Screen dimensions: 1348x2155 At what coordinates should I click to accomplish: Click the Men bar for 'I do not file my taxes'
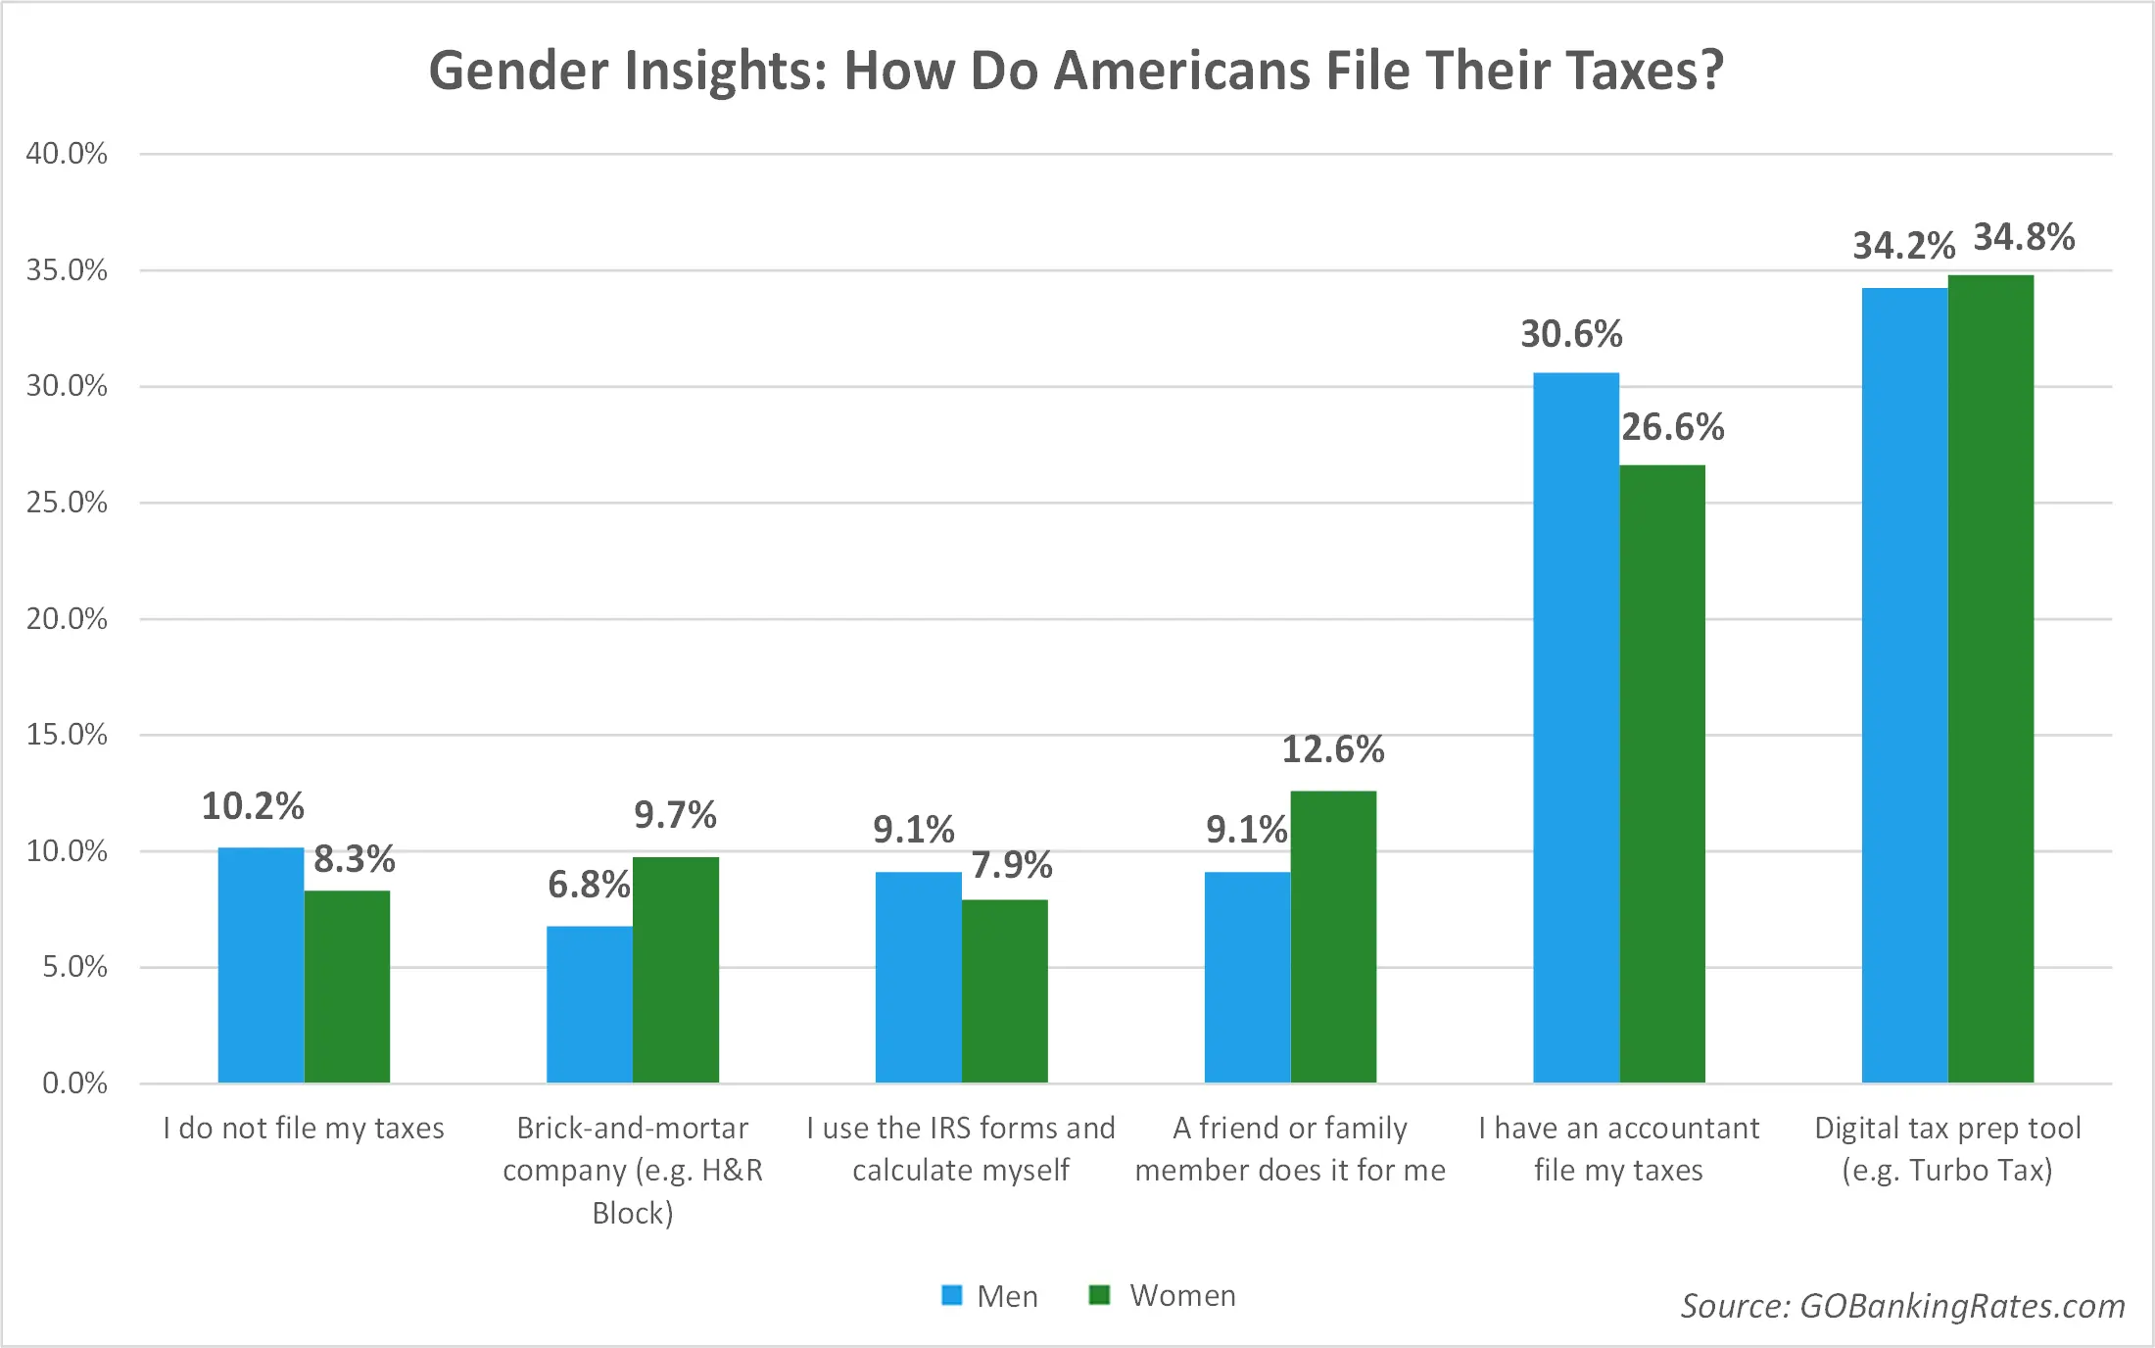(x=261, y=965)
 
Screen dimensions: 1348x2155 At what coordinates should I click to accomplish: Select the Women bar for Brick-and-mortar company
(x=676, y=970)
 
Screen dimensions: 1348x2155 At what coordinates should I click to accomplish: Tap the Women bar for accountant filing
(x=1662, y=774)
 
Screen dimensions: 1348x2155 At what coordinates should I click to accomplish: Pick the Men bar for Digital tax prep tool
(x=1904, y=686)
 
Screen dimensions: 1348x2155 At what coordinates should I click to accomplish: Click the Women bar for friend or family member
(x=1333, y=937)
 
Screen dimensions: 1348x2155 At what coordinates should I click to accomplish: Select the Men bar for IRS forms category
(x=918, y=977)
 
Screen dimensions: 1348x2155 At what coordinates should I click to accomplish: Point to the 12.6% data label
(x=1333, y=750)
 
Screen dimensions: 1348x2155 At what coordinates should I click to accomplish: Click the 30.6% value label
(x=1571, y=335)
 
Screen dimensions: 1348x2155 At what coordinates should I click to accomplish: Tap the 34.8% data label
(x=2024, y=238)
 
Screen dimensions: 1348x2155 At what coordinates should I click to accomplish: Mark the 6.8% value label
(x=589, y=885)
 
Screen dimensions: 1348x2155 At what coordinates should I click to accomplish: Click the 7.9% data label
(x=1012, y=865)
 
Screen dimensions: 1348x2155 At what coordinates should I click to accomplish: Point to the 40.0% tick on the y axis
(x=67, y=154)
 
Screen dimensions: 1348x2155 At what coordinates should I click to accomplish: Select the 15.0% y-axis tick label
(x=67, y=735)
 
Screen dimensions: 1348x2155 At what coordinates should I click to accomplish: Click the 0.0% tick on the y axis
(x=74, y=1083)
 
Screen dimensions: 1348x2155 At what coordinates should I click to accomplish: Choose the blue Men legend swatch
(x=951, y=1295)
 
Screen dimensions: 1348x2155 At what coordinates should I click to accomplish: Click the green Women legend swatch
(x=1099, y=1295)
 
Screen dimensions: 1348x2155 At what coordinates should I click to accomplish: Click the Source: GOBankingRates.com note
(x=1902, y=1306)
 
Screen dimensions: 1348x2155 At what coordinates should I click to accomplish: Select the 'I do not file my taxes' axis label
(x=304, y=1129)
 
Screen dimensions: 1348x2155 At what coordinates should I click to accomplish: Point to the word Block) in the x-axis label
(x=633, y=1214)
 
